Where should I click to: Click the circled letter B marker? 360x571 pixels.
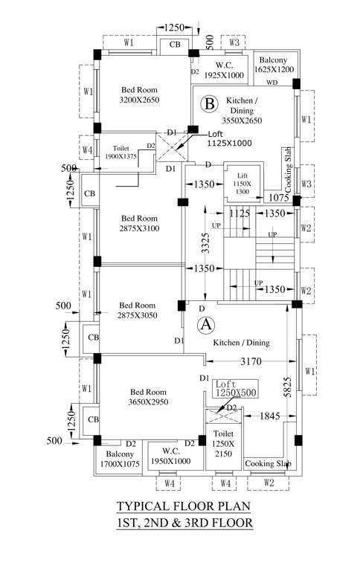(210, 103)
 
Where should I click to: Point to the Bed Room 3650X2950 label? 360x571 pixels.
(150, 397)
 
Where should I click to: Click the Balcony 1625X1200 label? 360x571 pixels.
(274, 64)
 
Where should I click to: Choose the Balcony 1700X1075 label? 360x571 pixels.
(120, 459)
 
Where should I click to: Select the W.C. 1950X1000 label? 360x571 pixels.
(170, 456)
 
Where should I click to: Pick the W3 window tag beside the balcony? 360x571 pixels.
(234, 42)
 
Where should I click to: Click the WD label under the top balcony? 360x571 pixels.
(272, 83)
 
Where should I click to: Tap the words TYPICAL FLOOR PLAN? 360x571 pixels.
(183, 507)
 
